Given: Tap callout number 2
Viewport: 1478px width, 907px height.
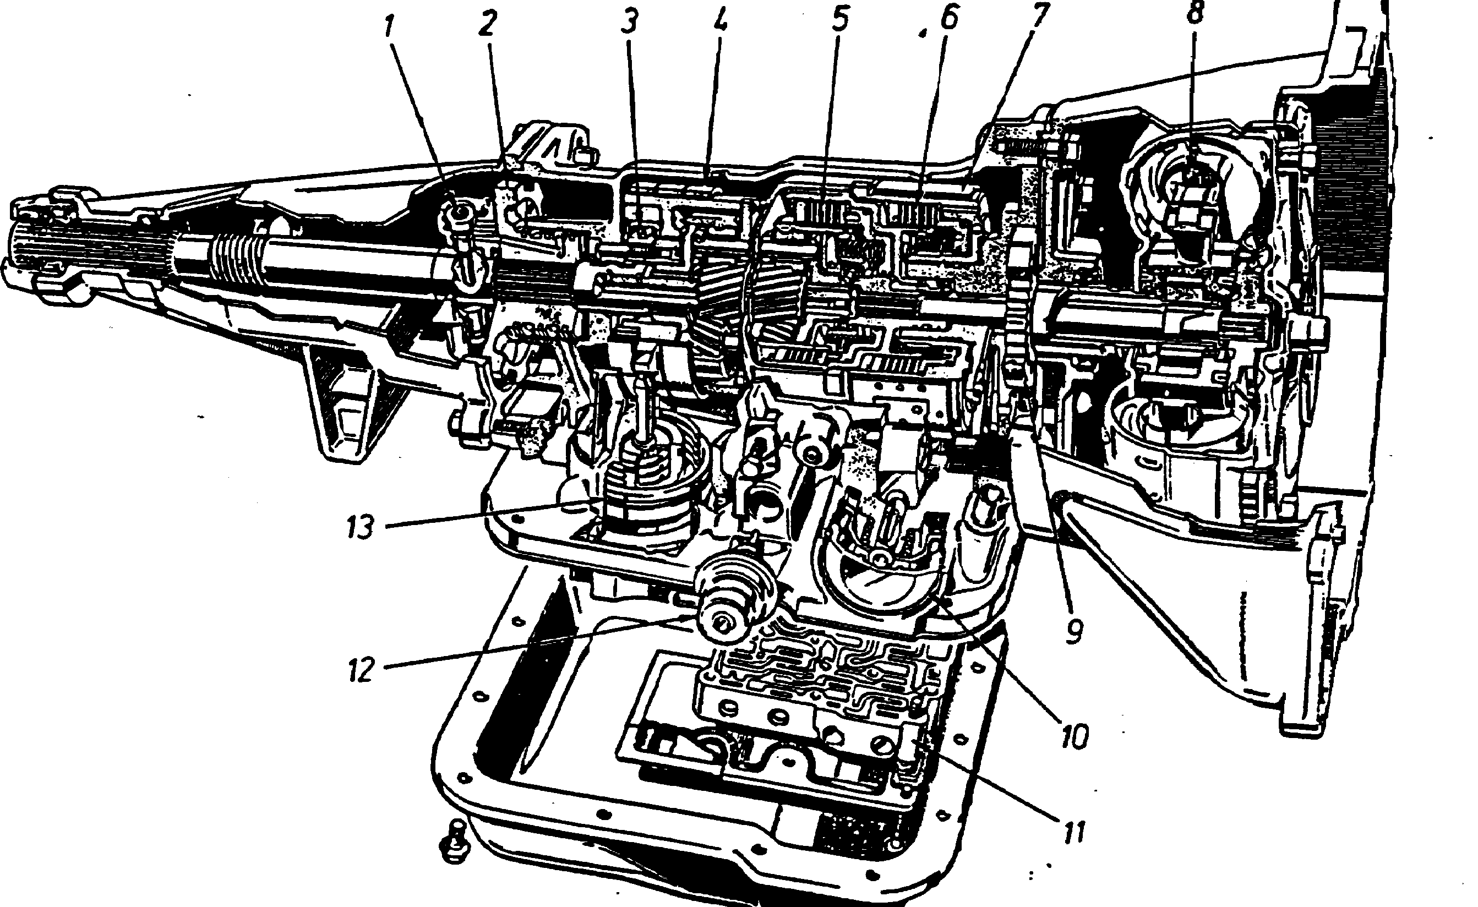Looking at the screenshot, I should click(x=487, y=24).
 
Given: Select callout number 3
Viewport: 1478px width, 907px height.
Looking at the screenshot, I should click(x=628, y=23).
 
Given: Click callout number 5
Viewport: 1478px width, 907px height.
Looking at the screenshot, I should click(x=840, y=20).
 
